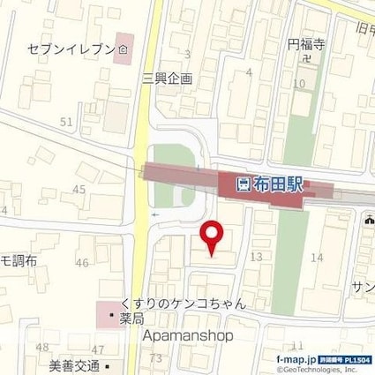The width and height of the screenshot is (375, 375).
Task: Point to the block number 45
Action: pos(80,190)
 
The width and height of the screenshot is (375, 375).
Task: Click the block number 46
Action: pos(83,263)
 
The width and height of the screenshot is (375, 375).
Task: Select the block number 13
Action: pos(257,256)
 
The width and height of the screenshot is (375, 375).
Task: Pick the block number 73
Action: pos(156,357)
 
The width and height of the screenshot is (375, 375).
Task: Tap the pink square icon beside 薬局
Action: pos(111,314)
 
